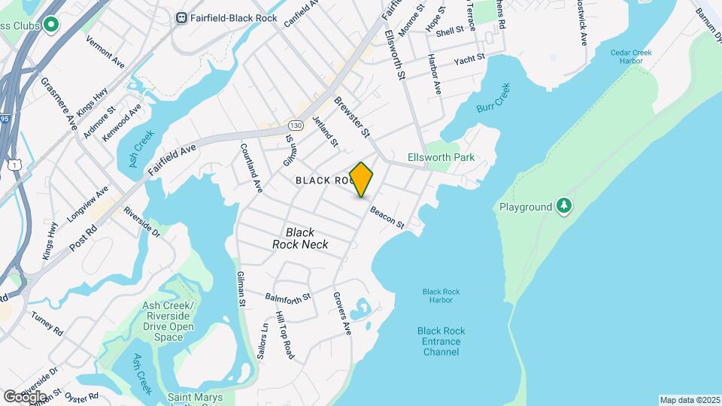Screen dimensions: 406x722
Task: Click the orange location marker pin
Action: pos(362,180)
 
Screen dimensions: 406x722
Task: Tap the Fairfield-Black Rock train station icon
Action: pos(181,17)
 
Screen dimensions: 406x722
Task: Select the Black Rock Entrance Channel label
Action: pos(441,341)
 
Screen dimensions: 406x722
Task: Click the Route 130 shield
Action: pos(295,125)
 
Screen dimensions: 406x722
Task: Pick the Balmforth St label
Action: pos(288,298)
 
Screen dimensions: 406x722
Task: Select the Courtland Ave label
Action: pos(251,167)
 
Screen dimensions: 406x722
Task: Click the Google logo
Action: pos(25,396)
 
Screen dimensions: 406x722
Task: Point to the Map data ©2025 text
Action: pos(690,400)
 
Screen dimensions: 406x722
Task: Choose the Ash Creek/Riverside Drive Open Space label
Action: pos(168,321)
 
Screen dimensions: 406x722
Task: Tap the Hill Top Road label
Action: pos(284,335)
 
